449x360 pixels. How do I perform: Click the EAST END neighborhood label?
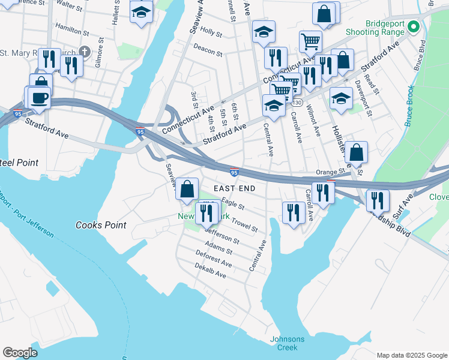click(x=234, y=188)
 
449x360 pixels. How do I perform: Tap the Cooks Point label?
click(x=101, y=225)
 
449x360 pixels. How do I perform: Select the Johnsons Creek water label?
click(x=287, y=343)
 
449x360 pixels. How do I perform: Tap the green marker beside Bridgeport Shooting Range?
click(x=413, y=27)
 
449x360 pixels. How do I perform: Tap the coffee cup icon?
click(x=40, y=97)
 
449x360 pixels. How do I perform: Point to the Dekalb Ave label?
click(x=210, y=271)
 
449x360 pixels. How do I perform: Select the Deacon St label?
click(x=208, y=50)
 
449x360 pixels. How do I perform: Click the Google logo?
click(x=20, y=353)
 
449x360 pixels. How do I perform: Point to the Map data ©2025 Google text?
click(x=411, y=355)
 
